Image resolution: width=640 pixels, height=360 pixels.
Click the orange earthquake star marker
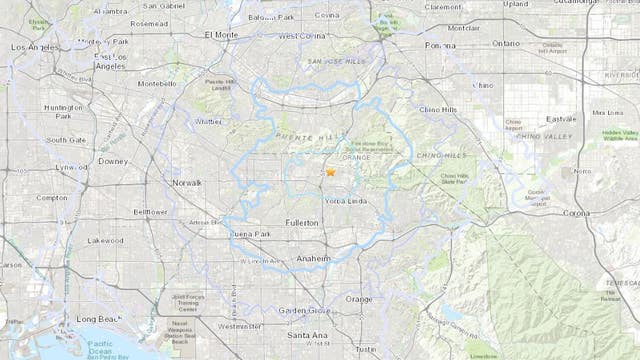point(330,173)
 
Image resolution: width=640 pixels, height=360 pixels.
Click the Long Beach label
point(100,319)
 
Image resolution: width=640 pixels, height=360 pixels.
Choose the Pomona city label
point(440,45)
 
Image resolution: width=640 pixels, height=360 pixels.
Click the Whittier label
point(209,122)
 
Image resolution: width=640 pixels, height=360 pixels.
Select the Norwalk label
point(186,183)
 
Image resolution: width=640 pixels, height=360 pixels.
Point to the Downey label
point(113,160)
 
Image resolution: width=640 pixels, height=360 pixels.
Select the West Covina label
point(303,36)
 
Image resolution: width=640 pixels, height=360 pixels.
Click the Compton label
point(52,198)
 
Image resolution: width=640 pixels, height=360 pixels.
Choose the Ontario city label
point(506,44)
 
